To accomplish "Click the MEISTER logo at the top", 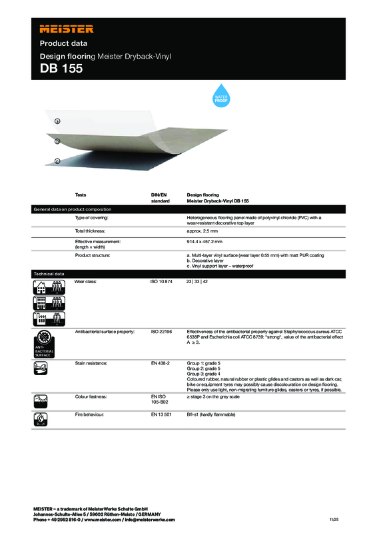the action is click(67, 29).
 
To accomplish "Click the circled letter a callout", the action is click(57, 121).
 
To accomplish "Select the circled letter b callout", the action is click(57, 141).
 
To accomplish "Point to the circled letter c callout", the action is click(57, 161).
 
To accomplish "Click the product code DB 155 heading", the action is click(61, 69).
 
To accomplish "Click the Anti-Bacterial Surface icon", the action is click(48, 343).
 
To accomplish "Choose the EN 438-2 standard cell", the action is click(161, 363).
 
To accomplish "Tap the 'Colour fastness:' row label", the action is click(93, 396).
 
